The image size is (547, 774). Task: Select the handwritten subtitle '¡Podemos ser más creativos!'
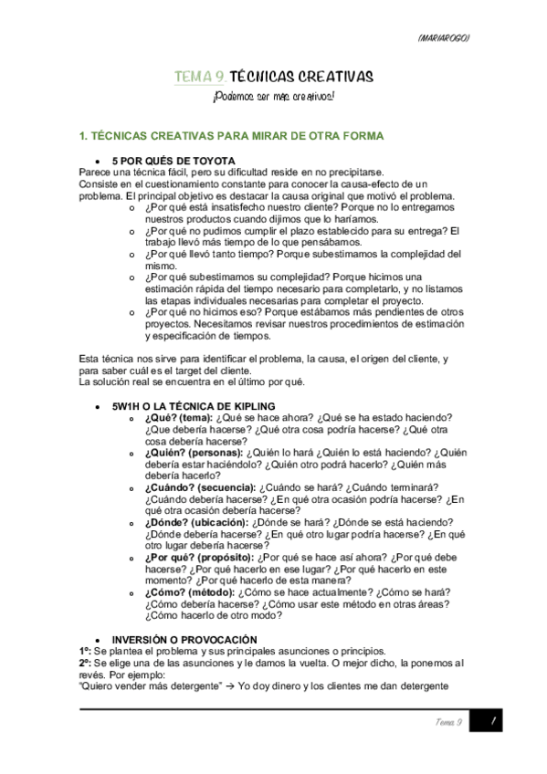pos(272,97)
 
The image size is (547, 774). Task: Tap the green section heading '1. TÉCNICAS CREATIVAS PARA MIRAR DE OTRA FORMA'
pos(232,136)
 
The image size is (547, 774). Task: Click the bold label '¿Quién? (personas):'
pos(194,452)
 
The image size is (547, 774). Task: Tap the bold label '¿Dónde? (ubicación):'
pos(197,522)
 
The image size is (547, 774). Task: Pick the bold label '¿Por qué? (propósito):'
pos(199,558)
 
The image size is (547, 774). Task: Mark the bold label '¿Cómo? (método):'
pos(187,592)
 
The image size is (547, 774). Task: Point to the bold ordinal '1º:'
pos(86,651)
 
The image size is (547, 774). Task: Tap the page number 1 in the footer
pos(491,721)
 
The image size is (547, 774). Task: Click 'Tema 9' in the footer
pos(450,722)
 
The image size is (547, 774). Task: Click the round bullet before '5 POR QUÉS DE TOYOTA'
pos(110,162)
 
